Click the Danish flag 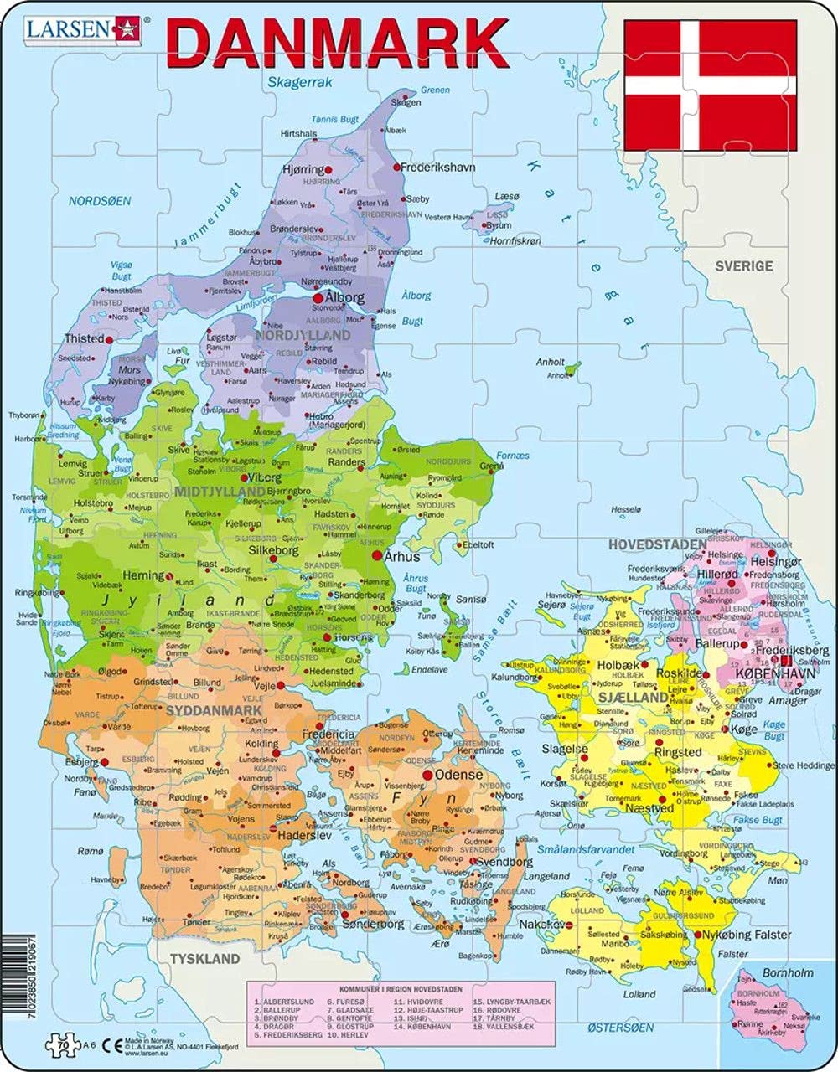click(710, 85)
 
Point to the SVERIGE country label click(743, 266)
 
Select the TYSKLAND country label click(205, 958)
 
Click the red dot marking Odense click(428, 776)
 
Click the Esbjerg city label click(81, 763)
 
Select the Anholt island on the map click(572, 368)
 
